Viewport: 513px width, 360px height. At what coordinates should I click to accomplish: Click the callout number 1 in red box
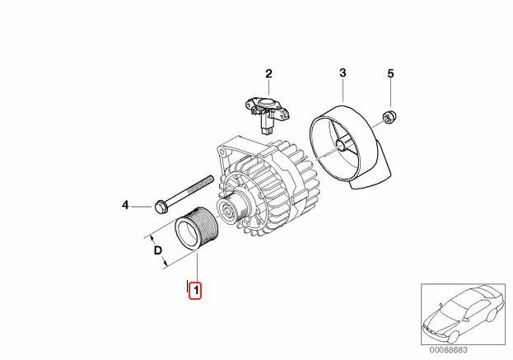tap(195, 290)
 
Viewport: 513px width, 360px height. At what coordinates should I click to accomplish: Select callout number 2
tap(268, 74)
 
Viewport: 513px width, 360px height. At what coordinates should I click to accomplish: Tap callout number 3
tap(343, 73)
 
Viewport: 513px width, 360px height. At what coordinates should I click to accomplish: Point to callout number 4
tap(126, 204)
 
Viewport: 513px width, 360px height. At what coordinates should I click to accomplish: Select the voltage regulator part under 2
tap(267, 111)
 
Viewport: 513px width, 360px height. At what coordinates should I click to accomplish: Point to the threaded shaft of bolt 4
tap(194, 190)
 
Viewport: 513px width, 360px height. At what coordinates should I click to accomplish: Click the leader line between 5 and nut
tap(392, 95)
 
